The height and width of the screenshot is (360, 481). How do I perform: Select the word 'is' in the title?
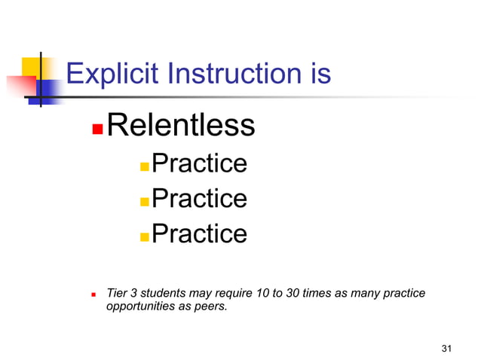pyautogui.click(x=318, y=75)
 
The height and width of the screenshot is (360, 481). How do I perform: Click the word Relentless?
pyautogui.click(x=180, y=125)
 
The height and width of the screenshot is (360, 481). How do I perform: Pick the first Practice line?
pyautogui.click(x=199, y=163)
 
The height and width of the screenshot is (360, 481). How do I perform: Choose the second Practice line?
pyautogui.click(x=199, y=198)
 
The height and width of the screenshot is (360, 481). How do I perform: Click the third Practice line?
pyautogui.click(x=199, y=233)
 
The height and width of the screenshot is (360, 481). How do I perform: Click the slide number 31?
pyautogui.click(x=446, y=348)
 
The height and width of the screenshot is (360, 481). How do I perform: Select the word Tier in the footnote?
pyautogui.click(x=117, y=293)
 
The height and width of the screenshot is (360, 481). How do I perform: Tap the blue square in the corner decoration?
pyautogui.click(x=47, y=90)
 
